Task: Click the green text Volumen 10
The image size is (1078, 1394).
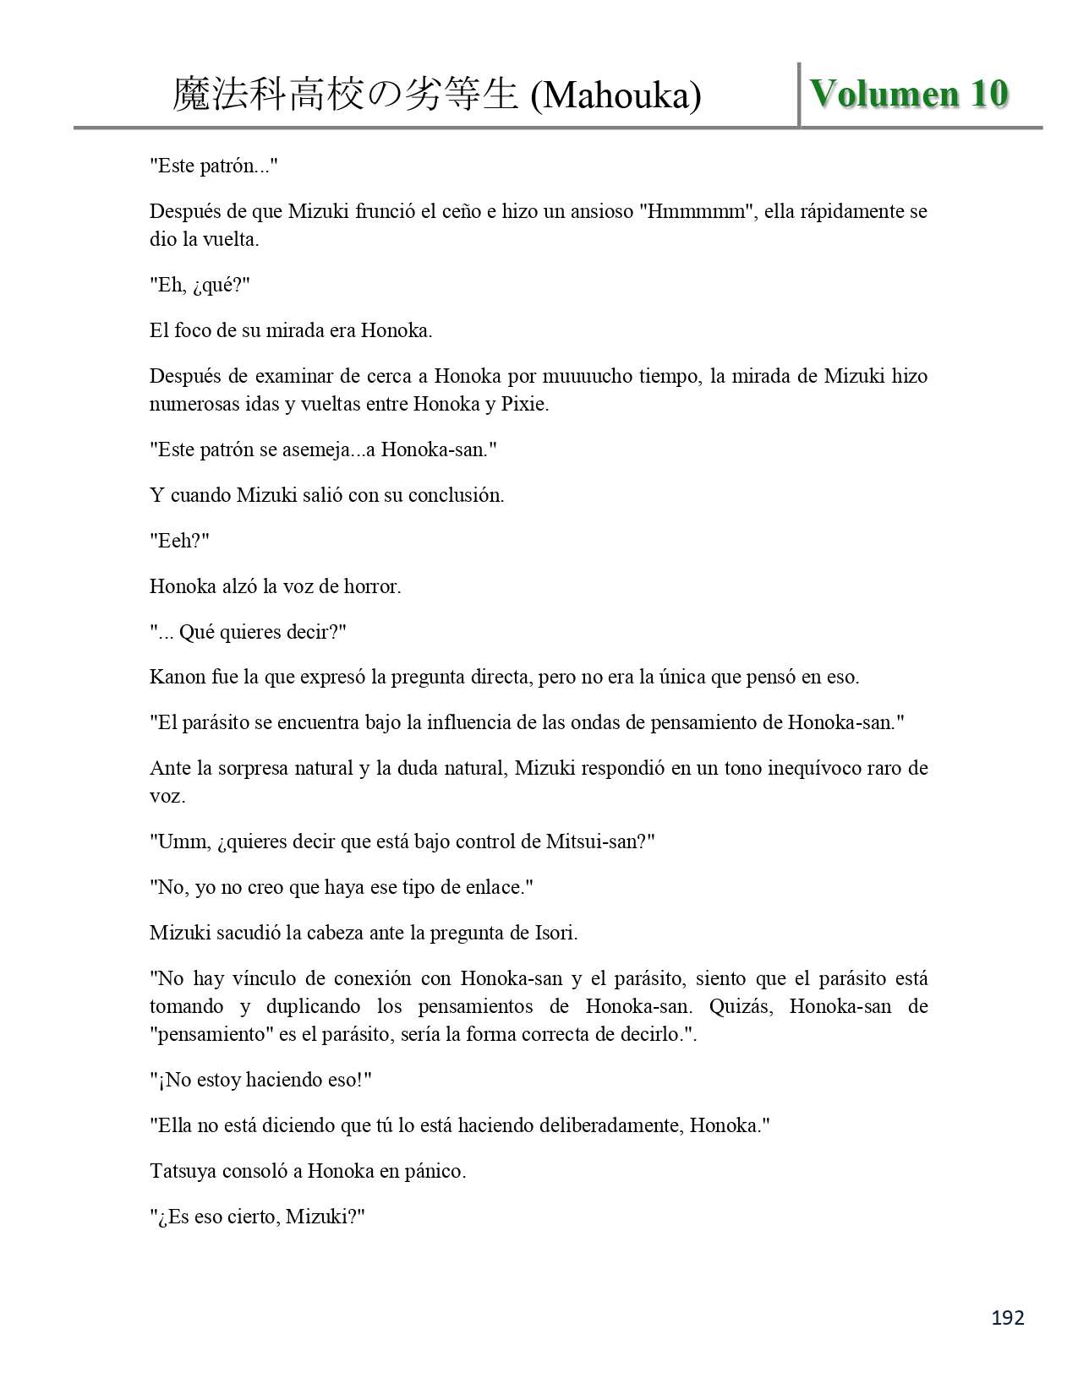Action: tap(909, 94)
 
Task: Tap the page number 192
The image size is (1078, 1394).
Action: tap(1007, 1317)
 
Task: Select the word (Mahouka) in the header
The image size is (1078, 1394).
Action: tap(616, 96)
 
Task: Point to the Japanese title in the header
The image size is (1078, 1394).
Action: tap(345, 95)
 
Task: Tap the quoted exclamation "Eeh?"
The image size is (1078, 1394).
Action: tap(179, 541)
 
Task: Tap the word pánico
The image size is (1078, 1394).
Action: tap(438, 1171)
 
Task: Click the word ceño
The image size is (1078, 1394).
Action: tap(462, 211)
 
